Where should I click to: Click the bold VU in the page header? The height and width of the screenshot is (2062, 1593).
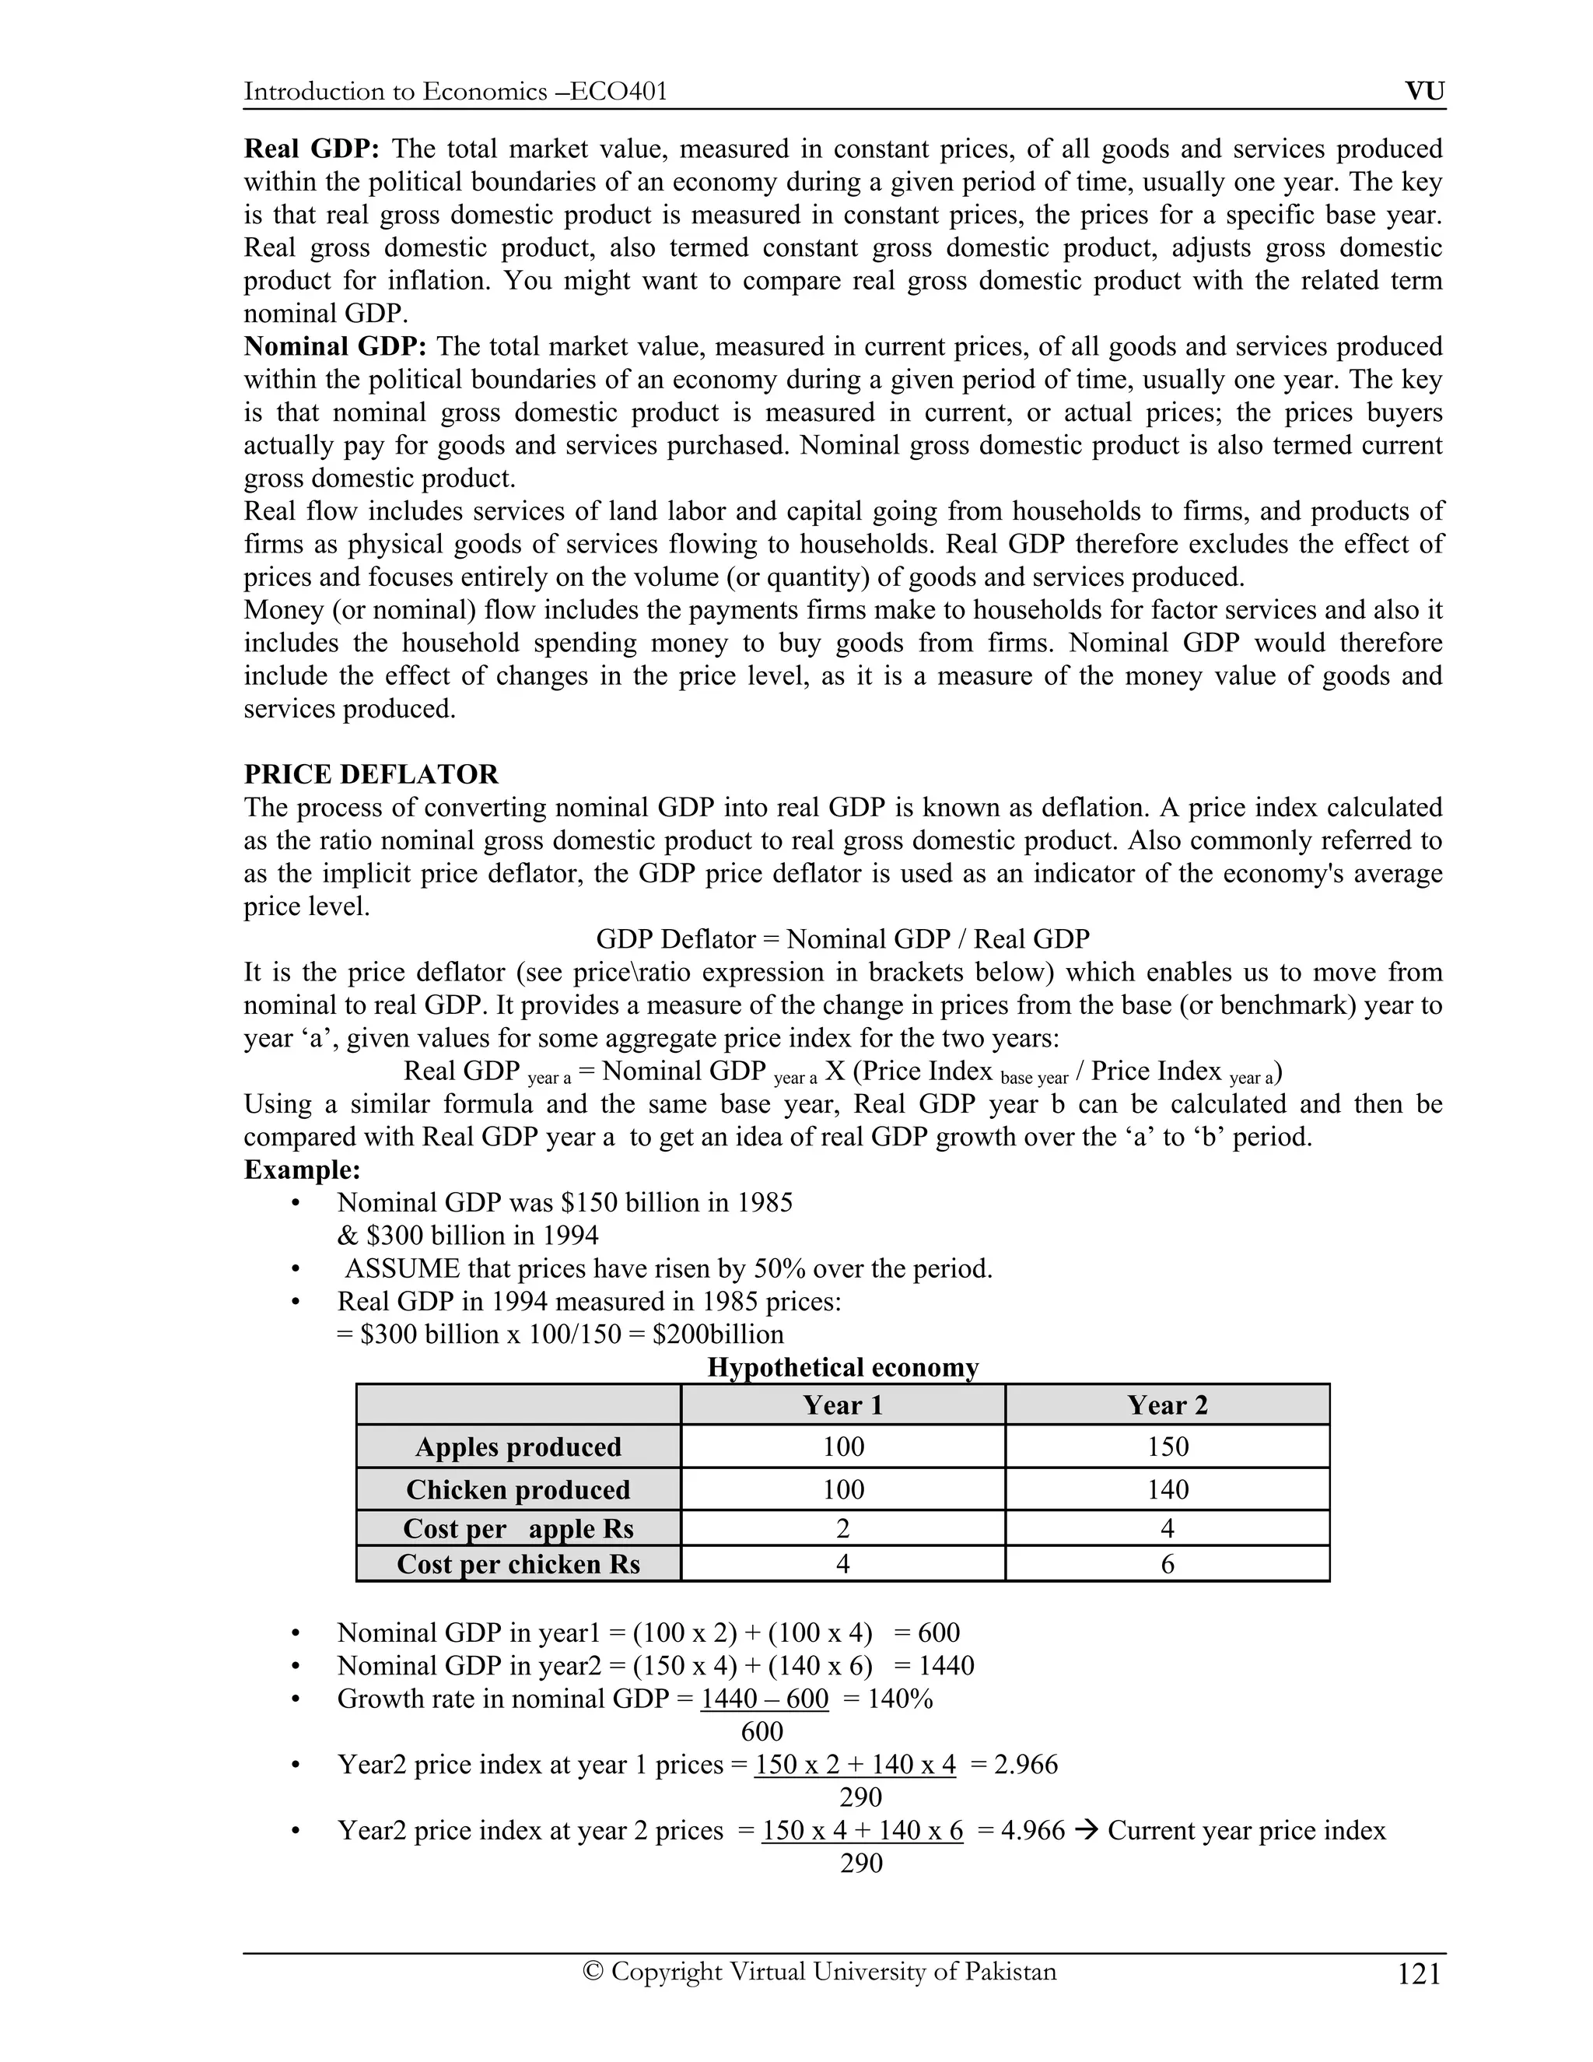click(x=1424, y=92)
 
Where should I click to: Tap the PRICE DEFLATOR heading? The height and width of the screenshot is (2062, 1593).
click(x=371, y=774)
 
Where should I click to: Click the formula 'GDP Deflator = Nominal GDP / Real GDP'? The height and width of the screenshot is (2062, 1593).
click(x=842, y=939)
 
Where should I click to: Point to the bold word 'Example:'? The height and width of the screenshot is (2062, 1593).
click(x=302, y=1170)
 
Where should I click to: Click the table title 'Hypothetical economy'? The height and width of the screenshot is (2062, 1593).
click(x=842, y=1367)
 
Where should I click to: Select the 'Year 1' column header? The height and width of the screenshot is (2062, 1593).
click(x=842, y=1404)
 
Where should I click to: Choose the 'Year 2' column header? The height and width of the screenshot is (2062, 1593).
click(x=1167, y=1404)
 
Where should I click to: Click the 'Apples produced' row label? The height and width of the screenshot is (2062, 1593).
click(x=518, y=1447)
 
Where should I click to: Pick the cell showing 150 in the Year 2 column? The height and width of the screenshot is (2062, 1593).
click(x=1167, y=1447)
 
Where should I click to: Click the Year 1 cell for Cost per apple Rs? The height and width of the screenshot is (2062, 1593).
click(x=842, y=1528)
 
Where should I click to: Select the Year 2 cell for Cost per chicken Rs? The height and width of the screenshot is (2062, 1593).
click(x=1167, y=1565)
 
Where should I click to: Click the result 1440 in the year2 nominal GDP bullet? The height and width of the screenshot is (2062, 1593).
click(x=946, y=1665)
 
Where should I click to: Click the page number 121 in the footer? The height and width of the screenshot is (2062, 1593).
click(x=1419, y=1974)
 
